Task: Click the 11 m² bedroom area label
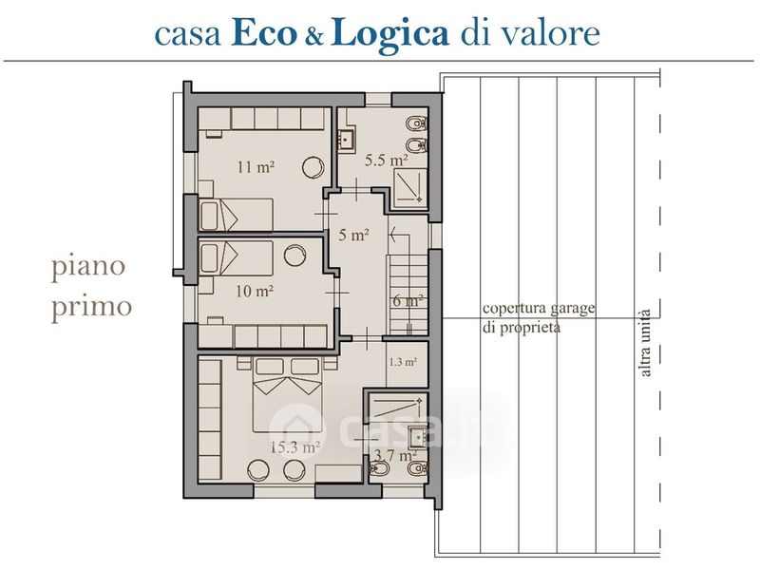tap(256, 167)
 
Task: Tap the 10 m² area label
tap(255, 292)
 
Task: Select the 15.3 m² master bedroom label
tap(294, 446)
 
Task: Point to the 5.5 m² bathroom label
tap(387, 160)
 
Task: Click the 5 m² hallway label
tap(353, 235)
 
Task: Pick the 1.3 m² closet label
tap(403, 362)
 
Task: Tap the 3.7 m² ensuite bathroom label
tap(395, 456)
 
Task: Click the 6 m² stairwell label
tap(408, 301)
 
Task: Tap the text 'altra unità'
tap(645, 343)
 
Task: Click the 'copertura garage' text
tap(539, 308)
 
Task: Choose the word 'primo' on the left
tap(91, 307)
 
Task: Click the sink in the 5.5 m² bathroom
tap(347, 138)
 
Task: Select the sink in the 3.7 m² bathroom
tap(417, 438)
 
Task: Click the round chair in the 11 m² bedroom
tap(313, 167)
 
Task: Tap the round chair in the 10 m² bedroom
tap(294, 256)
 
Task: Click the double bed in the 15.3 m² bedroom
tap(288, 394)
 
